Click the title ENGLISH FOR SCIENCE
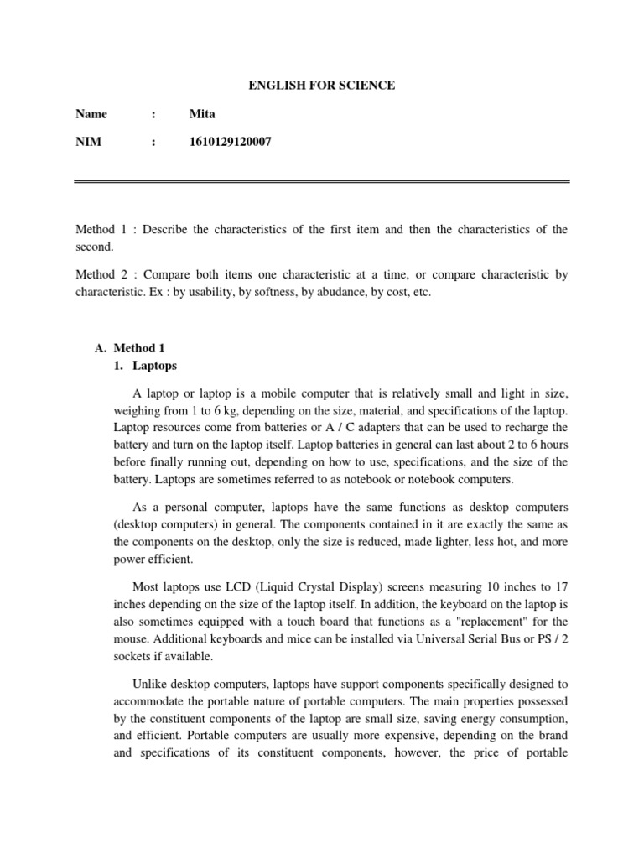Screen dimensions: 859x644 [x=321, y=85]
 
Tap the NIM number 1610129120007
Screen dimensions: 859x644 [x=231, y=143]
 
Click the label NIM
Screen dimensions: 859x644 [x=88, y=143]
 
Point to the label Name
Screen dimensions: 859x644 [x=91, y=114]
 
